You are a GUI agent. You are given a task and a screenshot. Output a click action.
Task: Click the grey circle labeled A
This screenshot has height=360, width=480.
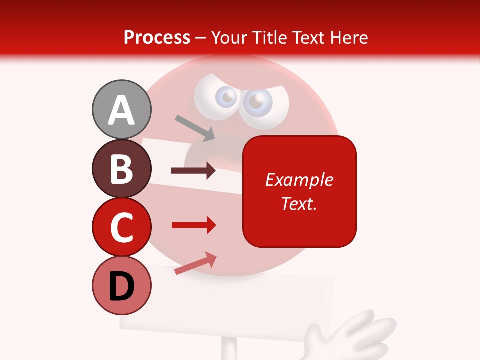click(x=121, y=109)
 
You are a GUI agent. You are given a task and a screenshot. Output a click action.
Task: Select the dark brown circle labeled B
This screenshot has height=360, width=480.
click(x=121, y=168)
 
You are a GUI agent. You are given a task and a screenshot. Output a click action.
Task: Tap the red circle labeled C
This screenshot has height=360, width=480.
click(x=121, y=227)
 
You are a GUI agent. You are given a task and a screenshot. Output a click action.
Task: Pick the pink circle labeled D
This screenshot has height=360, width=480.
click(x=121, y=286)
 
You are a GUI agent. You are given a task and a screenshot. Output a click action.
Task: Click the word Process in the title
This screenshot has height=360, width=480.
click(x=157, y=37)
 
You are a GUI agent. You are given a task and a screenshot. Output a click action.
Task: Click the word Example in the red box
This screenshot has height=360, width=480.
click(x=299, y=180)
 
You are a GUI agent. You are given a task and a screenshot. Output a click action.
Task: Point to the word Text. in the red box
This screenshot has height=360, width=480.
click(x=299, y=203)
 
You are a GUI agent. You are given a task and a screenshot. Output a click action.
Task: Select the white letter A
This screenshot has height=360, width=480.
click(x=121, y=110)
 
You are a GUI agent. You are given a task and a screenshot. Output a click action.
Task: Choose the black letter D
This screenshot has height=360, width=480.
click(x=121, y=287)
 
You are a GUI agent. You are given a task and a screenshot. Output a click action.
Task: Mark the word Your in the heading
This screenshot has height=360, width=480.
click(x=229, y=37)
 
